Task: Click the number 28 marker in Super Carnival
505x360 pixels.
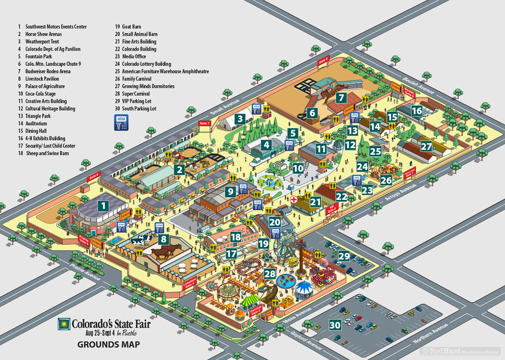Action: (x=270, y=274)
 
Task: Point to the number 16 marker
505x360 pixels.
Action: (x=417, y=111)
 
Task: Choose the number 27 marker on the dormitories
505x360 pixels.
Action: (x=426, y=147)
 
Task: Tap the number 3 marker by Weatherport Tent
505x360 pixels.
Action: (x=240, y=119)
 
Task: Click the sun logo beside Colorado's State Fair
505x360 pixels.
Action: (x=64, y=324)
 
